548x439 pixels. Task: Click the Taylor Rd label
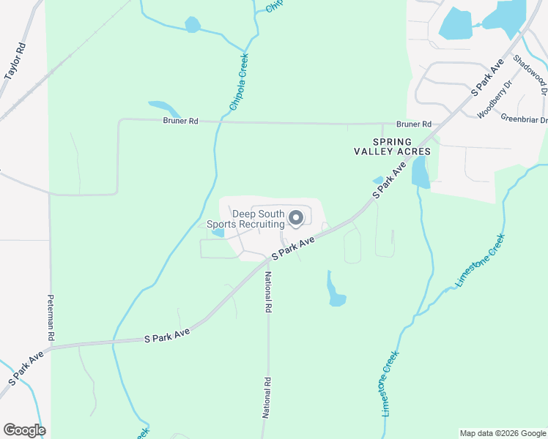15,61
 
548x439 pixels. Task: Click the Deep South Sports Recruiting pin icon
296,217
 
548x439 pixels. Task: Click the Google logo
24,430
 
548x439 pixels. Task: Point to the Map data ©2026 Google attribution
502,433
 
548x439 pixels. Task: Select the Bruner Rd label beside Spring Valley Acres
414,124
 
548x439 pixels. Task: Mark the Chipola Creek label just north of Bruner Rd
239,82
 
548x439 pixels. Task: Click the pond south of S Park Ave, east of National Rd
336,293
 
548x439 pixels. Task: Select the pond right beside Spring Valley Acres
420,173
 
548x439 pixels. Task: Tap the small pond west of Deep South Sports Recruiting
218,233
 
